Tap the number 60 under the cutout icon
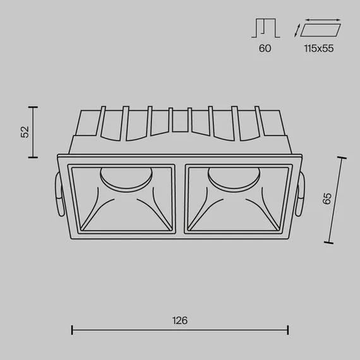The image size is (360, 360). click(x=265, y=49)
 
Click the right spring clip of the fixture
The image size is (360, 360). click(x=302, y=195)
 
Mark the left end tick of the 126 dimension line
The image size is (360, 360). click(x=73, y=330)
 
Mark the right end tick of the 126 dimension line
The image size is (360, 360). click(x=288, y=330)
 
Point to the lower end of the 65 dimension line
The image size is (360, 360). click(x=330, y=243)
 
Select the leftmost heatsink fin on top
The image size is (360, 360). click(x=101, y=120)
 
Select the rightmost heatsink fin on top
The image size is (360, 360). click(x=258, y=120)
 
